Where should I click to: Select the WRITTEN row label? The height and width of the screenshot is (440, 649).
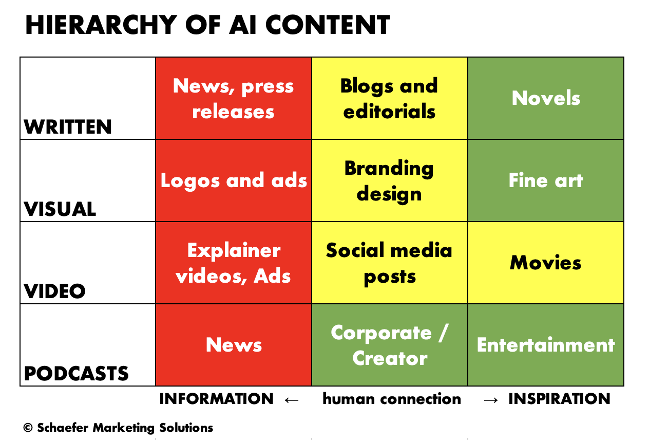click(x=68, y=127)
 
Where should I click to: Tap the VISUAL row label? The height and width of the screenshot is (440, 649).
click(x=60, y=209)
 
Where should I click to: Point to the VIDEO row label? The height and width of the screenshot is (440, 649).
click(x=55, y=291)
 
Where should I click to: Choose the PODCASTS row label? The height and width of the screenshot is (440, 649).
click(x=77, y=373)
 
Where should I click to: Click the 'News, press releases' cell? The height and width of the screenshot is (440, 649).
click(x=234, y=98)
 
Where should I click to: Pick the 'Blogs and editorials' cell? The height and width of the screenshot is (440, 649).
click(x=390, y=98)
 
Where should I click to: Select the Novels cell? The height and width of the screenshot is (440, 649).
click(x=546, y=98)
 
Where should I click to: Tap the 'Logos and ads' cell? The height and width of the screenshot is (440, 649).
click(x=234, y=180)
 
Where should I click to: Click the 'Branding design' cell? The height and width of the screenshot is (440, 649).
click(x=390, y=180)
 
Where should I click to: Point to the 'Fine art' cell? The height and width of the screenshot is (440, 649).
click(x=546, y=180)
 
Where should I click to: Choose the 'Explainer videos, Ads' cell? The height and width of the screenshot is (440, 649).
click(x=234, y=263)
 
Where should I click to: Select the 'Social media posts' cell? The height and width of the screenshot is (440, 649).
click(x=390, y=263)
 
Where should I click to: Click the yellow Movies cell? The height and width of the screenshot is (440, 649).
click(x=546, y=263)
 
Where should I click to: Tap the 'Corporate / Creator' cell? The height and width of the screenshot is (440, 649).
click(x=390, y=345)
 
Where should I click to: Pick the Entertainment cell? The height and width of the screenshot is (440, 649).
click(x=546, y=345)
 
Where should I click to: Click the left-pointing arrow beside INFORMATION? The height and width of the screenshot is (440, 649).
click(x=292, y=400)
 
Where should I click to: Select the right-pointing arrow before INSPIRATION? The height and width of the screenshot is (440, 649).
click(x=491, y=400)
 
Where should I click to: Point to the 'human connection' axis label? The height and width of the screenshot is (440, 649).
click(x=392, y=399)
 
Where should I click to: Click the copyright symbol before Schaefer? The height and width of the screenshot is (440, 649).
click(x=28, y=428)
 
